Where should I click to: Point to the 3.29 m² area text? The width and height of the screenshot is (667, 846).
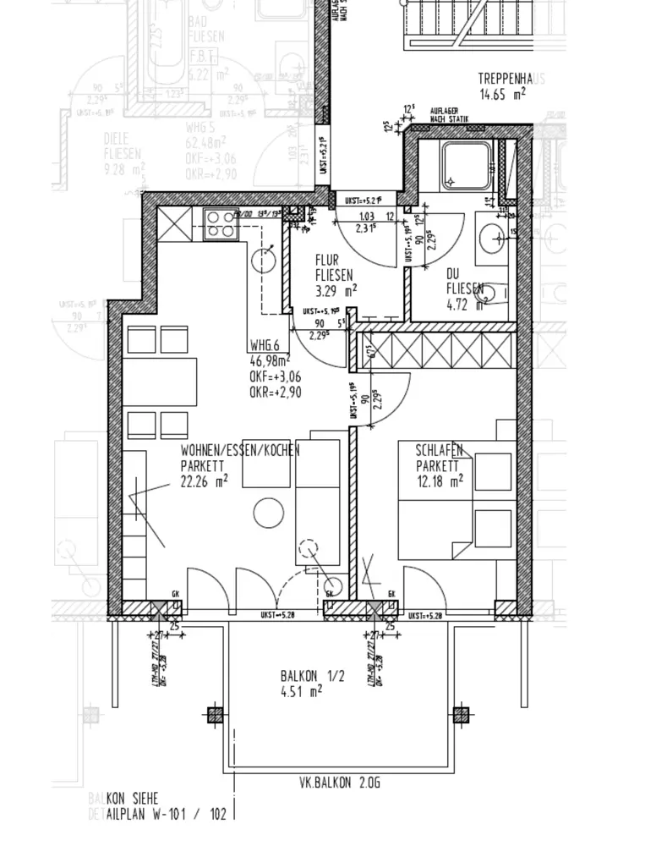coord(336,288)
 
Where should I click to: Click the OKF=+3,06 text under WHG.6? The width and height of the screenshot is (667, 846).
coord(276,377)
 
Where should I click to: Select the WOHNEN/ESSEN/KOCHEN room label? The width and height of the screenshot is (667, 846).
coord(239,451)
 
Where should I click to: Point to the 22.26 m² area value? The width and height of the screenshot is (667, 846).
coord(205,482)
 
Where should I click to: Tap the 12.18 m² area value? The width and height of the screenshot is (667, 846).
coord(440,481)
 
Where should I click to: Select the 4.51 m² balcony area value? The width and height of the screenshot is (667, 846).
coord(301,691)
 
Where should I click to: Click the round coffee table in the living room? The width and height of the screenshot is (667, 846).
coord(270,513)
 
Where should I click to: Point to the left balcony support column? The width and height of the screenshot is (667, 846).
coord(216,716)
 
